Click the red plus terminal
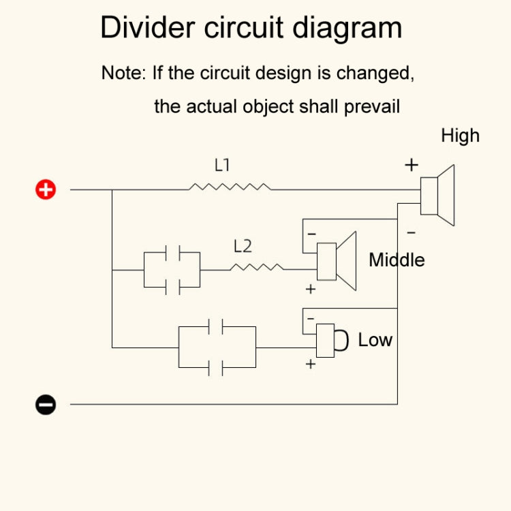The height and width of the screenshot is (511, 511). tap(46, 189)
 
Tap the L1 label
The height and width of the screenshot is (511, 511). tap(223, 165)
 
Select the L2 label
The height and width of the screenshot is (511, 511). tap(243, 246)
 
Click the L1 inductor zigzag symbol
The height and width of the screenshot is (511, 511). tap(230, 186)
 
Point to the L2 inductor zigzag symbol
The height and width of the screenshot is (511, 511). tap(257, 267)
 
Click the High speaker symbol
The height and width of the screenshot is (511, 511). tap(437, 196)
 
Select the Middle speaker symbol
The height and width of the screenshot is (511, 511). tap(337, 261)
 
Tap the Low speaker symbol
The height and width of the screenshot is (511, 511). tap(330, 339)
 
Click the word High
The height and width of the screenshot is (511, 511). tap(460, 136)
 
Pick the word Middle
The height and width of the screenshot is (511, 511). tap(397, 260)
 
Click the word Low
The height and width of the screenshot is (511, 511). tap(375, 339)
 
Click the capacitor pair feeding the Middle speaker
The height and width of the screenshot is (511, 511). tap(172, 270)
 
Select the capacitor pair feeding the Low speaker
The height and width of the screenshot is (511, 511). tap(217, 347)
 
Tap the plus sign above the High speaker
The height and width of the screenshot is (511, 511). tap(412, 165)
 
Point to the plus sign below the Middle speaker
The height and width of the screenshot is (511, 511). tap(311, 289)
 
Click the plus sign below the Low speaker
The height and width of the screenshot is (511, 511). tap(311, 364)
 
